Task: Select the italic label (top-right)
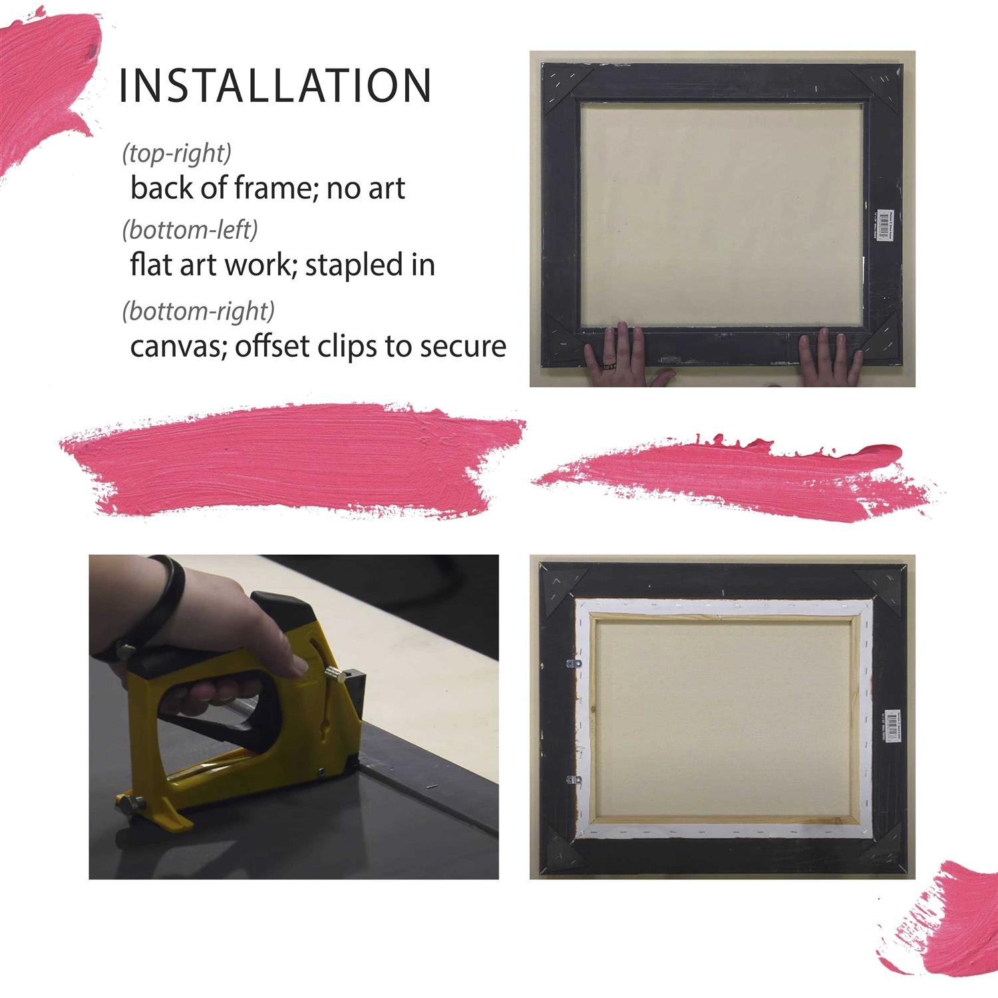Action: (x=176, y=153)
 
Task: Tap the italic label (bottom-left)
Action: (x=190, y=230)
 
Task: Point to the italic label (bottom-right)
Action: (x=198, y=311)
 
